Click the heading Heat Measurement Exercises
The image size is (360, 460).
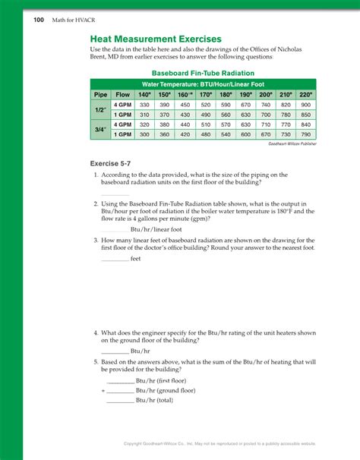tap(156, 38)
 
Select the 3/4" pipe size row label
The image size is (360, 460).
tap(99, 128)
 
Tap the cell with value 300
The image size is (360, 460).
tap(145, 134)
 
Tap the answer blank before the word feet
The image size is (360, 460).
tap(115, 259)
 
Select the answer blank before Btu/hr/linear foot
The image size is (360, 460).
tap(115, 229)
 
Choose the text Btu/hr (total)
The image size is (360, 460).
tap(154, 400)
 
